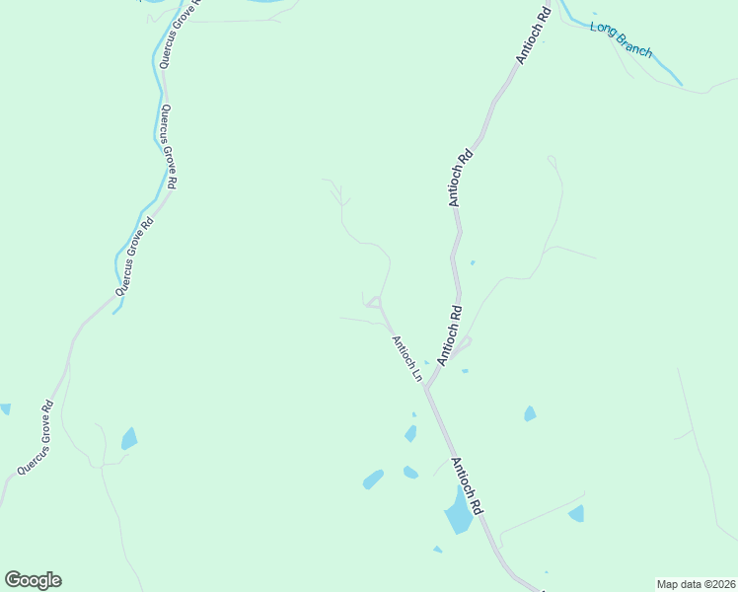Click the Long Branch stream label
[x=621, y=38]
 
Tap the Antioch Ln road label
[x=406, y=358]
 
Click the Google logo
[x=33, y=580]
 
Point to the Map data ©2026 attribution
[x=696, y=584]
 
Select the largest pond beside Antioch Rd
[x=458, y=514]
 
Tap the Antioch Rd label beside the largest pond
[x=467, y=486]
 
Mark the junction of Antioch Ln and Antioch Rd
[x=426, y=386]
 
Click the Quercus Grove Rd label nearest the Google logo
[x=33, y=437]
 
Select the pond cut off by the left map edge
[x=4, y=408]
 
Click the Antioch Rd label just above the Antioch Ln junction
[x=450, y=335]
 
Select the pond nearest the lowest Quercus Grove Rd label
[x=128, y=439]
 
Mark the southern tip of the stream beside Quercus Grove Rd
[x=116, y=312]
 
